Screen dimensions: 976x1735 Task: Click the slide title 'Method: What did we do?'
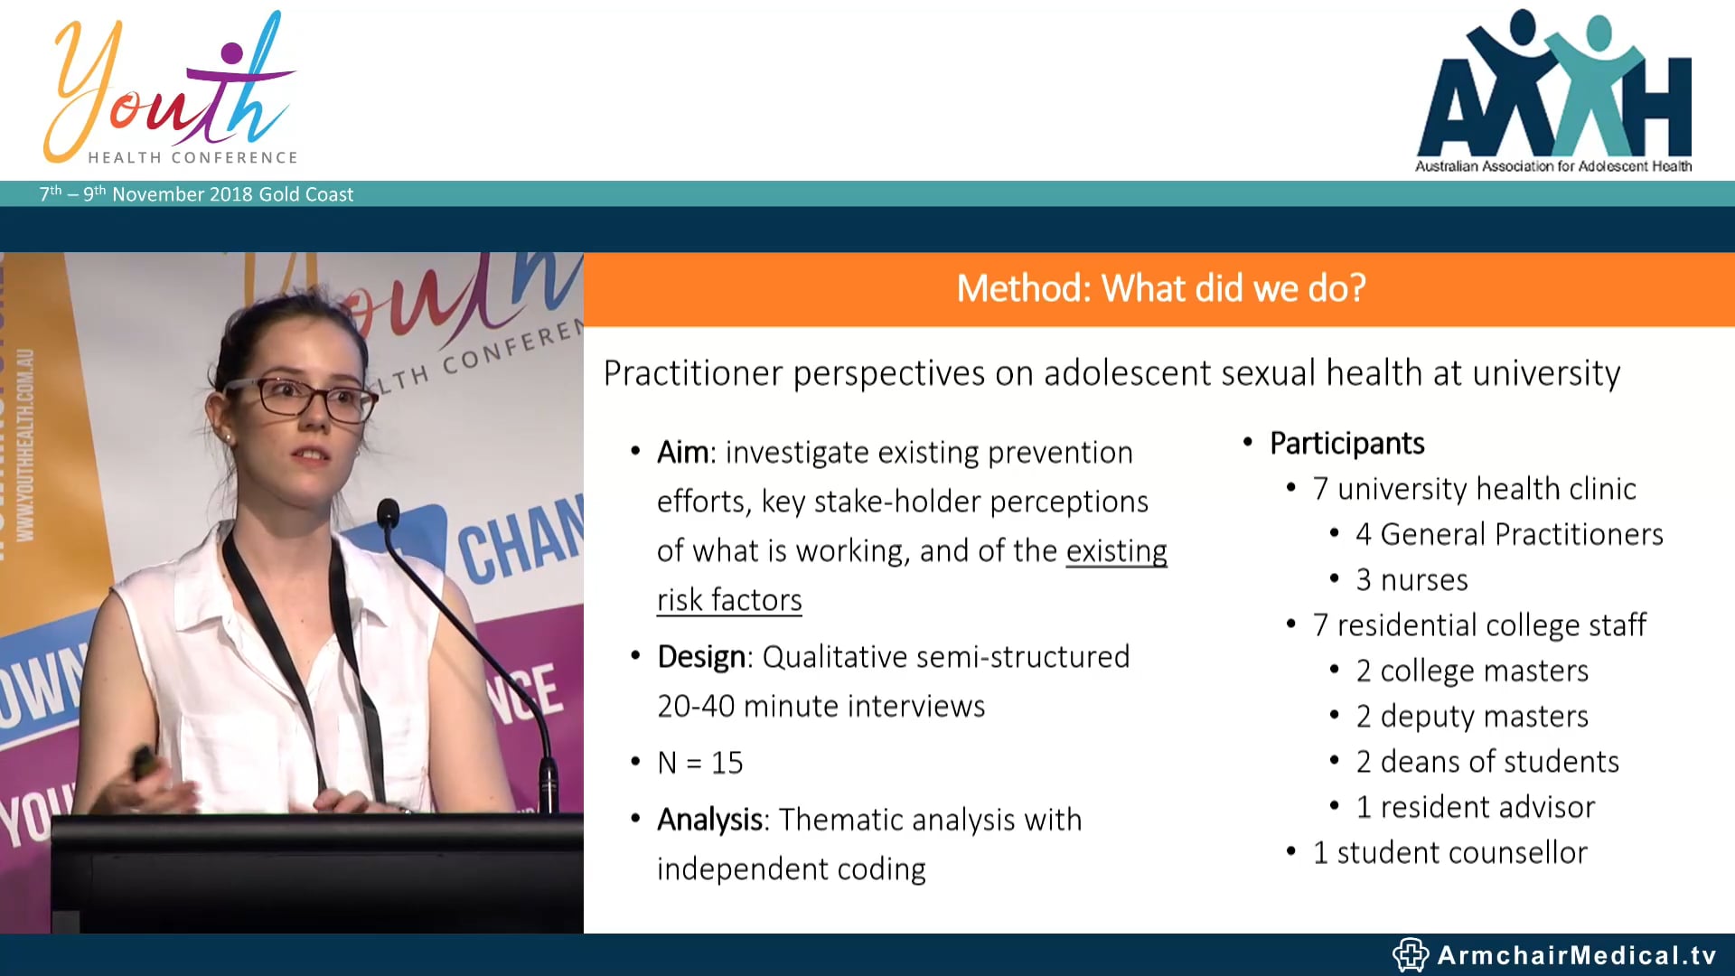1160,289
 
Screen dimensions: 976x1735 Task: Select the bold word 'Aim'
683,452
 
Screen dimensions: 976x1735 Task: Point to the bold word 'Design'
701,657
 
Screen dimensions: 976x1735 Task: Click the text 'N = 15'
700,763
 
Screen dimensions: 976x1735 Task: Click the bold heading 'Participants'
1346,444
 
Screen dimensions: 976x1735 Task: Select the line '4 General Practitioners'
1509,534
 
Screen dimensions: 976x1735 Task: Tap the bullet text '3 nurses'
1411,580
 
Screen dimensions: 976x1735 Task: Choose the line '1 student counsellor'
1449,852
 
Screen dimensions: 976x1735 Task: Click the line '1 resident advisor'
1475,807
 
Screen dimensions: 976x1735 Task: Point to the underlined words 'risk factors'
729,600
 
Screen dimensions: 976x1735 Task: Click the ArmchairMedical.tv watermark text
1576,955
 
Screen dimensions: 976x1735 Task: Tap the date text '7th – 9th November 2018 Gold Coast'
196,194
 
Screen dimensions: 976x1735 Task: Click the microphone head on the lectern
388,512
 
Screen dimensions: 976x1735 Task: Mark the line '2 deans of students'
1486,762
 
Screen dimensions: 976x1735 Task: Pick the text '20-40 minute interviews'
821,706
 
